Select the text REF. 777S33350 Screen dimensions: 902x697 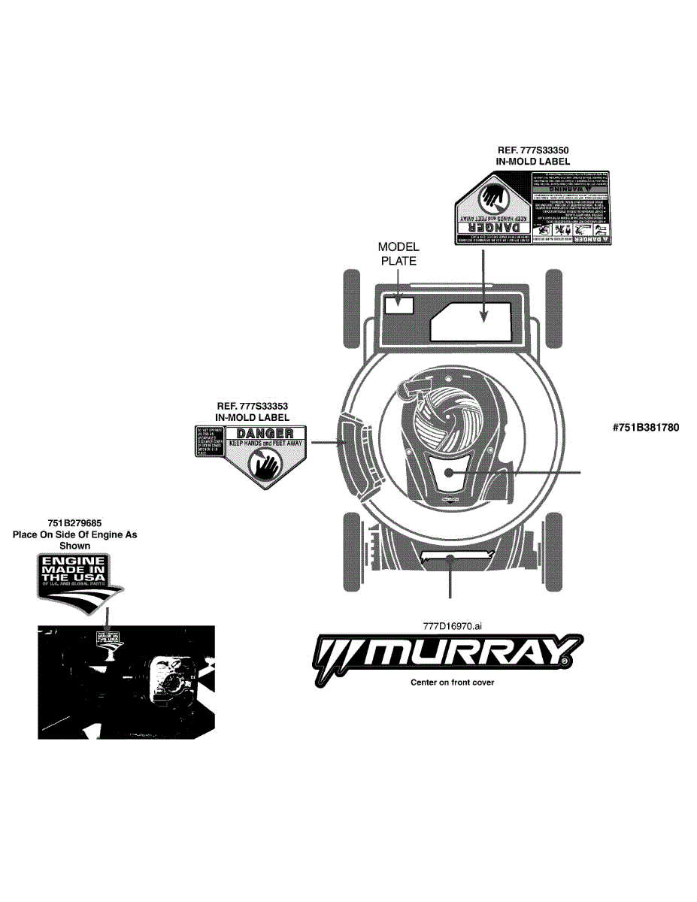tap(532, 150)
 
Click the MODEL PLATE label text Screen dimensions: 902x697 tap(399, 253)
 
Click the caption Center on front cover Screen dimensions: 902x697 tap(452, 683)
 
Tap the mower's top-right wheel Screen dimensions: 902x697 tap(554, 308)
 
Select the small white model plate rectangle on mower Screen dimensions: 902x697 tap(399, 305)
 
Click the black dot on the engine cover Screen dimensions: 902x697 tap(447, 472)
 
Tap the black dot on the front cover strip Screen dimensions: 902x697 tap(450, 557)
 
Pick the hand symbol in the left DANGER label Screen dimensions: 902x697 tap(267, 468)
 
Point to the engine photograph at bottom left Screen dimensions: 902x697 tap(126, 682)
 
